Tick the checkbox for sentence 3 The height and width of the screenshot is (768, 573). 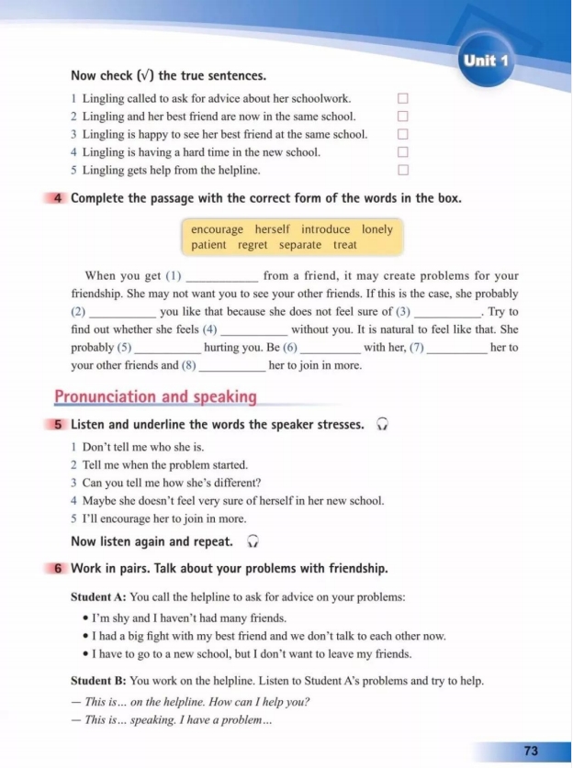coord(402,134)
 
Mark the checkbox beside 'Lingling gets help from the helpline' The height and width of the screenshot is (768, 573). coord(402,170)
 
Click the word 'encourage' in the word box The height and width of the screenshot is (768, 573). coord(217,229)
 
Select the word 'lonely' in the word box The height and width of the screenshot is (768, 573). coord(376,229)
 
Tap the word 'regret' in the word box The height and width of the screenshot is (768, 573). coord(253,245)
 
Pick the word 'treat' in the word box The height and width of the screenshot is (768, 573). coord(345,245)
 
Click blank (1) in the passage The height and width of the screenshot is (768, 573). coord(223,276)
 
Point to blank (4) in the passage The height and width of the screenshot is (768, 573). coord(254,329)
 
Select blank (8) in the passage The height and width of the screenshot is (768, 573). coord(232,365)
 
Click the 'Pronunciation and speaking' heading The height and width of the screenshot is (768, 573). coord(155,397)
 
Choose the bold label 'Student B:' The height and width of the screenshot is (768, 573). coord(98,681)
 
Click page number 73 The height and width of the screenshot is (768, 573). coord(531,751)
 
